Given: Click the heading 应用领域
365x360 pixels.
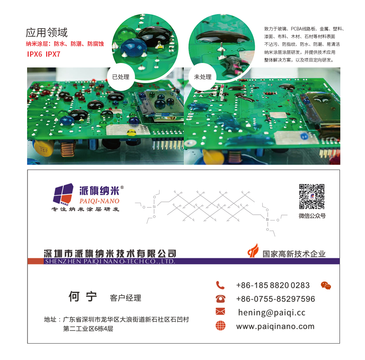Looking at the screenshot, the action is tap(46, 33).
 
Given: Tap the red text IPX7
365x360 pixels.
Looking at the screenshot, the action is tap(53, 54).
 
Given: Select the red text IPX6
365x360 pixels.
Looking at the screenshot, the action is tap(35, 54).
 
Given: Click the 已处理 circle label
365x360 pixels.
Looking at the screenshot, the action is tap(121, 77).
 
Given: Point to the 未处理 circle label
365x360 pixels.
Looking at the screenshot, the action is tap(203, 77).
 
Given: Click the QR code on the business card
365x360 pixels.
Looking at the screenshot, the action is tap(312, 196).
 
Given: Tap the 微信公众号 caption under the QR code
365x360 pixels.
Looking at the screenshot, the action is tap(312, 216).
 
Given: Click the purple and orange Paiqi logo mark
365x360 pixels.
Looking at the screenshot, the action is tap(63, 194).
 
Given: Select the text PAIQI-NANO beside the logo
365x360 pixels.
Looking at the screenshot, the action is tap(99, 201).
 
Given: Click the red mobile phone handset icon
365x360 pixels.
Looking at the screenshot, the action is tap(220, 285).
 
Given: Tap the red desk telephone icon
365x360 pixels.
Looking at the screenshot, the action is tap(221, 299).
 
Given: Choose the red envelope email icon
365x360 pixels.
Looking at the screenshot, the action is tap(221, 311).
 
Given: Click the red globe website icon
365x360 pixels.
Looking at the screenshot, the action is tap(221, 325).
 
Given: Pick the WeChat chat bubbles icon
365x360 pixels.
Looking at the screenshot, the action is tap(325, 285).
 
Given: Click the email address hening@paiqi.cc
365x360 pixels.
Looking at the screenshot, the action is tap(272, 313).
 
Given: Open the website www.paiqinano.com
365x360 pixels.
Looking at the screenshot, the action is tap(275, 326).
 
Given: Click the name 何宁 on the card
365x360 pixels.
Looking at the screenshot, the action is tap(83, 297).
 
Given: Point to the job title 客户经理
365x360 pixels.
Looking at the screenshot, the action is tap(126, 298).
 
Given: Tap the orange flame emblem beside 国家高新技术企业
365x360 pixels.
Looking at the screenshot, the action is tap(253, 250).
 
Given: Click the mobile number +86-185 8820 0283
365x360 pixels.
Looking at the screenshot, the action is tap(273, 285).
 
